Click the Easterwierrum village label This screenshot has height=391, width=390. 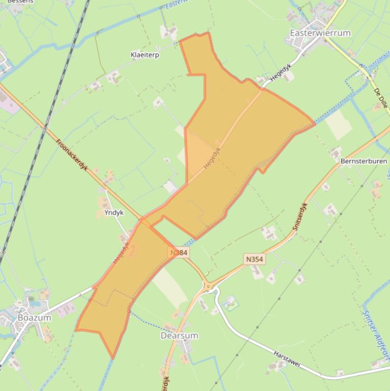coord(320,33)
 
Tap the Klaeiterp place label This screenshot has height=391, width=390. coord(145,55)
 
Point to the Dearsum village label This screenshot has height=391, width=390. coord(179,336)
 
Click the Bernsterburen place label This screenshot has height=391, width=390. coord(364,161)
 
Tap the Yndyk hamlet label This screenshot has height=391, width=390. coord(114,213)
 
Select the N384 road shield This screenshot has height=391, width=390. coord(179,252)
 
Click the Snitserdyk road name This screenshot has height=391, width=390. coord(300,217)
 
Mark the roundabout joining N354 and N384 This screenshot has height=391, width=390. coord(208,286)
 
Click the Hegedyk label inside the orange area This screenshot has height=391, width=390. coord(212,158)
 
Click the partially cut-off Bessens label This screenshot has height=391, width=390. coord(20,2)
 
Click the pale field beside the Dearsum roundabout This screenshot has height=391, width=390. coord(170,287)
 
